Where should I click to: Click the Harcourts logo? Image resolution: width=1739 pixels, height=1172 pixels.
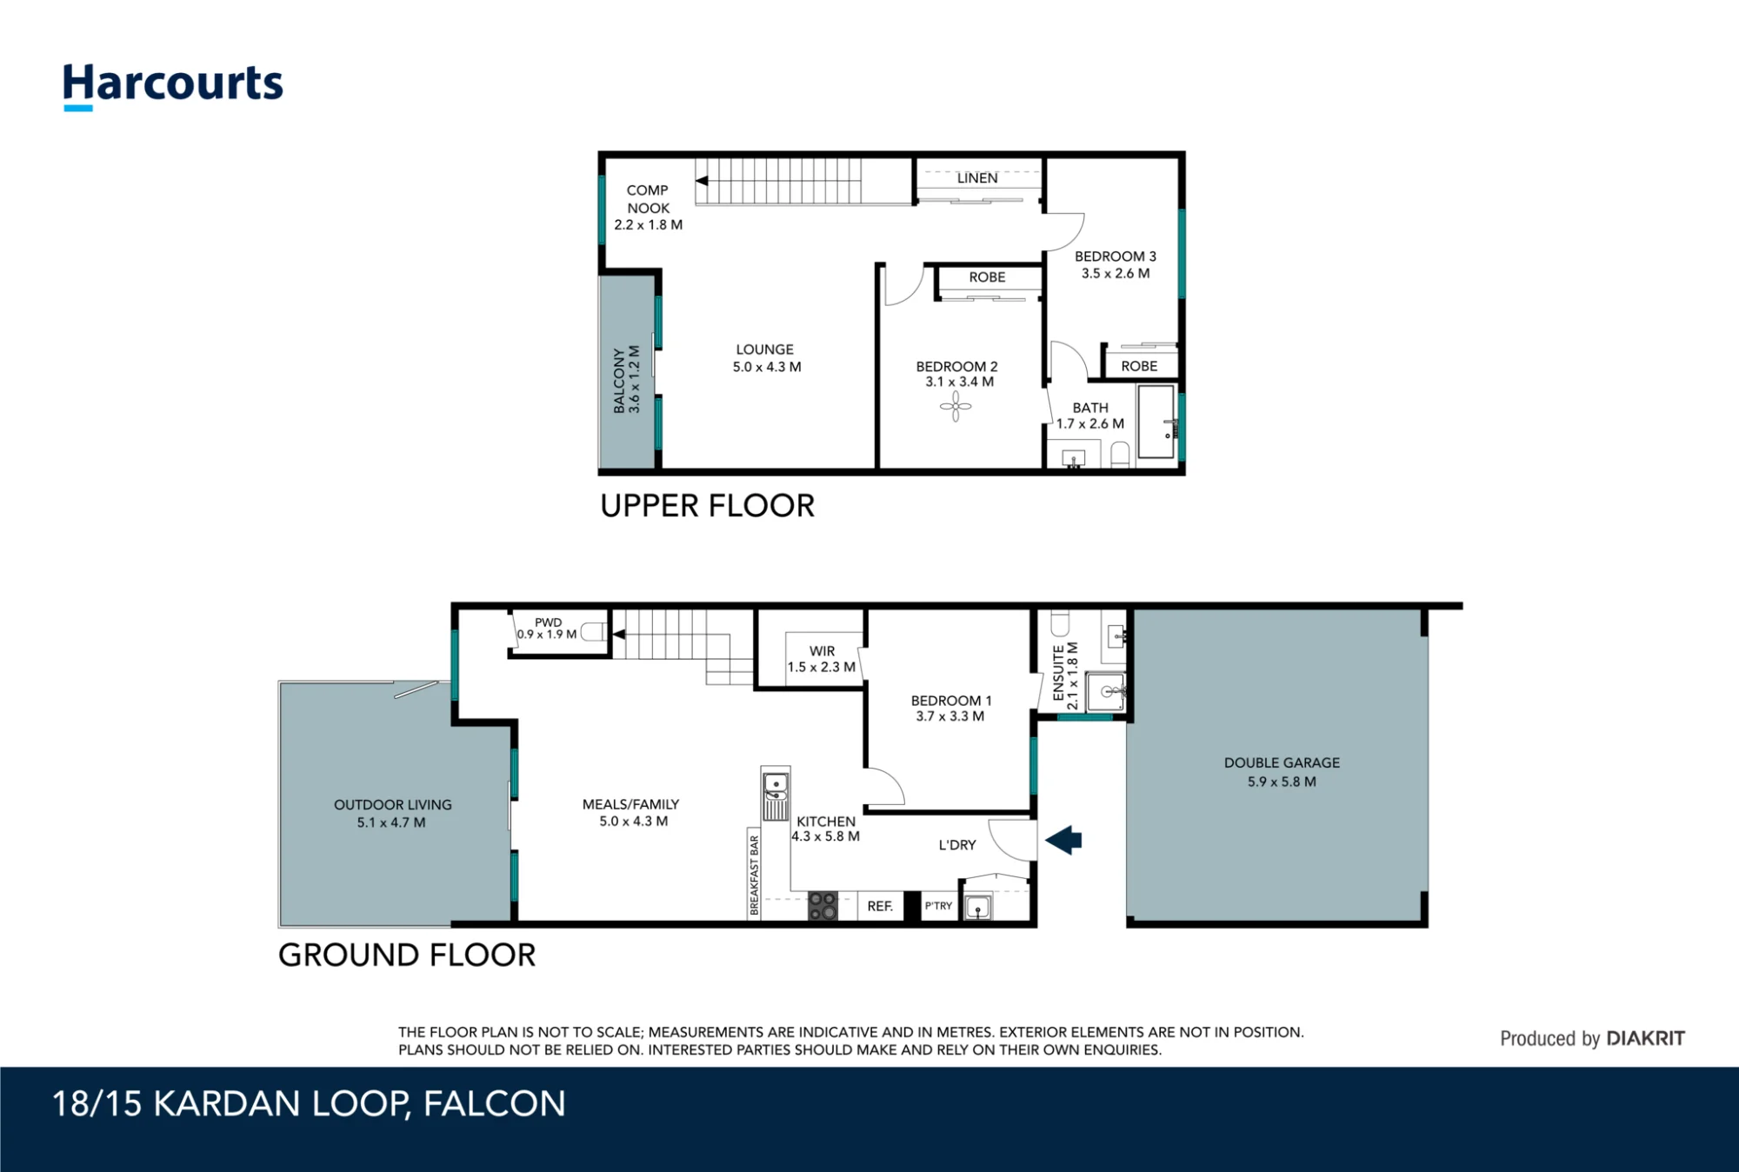[173, 87]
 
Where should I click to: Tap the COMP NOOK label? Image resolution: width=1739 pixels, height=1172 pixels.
[648, 199]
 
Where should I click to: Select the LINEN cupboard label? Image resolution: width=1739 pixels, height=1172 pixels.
[977, 178]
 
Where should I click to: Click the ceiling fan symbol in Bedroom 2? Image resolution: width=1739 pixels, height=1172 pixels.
[956, 406]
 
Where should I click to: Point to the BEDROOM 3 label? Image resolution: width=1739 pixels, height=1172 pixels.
[1116, 256]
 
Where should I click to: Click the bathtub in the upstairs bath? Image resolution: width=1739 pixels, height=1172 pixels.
[1156, 422]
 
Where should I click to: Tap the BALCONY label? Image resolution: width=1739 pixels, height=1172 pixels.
[619, 380]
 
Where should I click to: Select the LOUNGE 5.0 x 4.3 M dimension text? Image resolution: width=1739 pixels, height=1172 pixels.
[767, 367]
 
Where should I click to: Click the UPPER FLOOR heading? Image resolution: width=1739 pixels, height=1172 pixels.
[708, 506]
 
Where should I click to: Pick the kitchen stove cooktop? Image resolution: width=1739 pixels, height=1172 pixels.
[823, 906]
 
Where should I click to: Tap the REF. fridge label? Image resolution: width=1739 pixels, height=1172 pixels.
[880, 906]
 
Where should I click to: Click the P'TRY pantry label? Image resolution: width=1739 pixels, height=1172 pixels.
[938, 906]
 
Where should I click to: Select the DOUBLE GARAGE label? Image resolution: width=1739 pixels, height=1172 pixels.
[1282, 762]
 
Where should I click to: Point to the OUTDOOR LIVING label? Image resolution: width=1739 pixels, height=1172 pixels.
[393, 805]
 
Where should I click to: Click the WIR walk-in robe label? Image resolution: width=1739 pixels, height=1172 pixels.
[822, 651]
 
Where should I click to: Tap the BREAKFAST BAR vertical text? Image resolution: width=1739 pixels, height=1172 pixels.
[754, 875]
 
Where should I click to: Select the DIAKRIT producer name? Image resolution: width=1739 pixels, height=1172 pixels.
[1645, 1038]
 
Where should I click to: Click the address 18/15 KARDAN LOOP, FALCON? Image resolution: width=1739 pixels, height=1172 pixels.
[309, 1104]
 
